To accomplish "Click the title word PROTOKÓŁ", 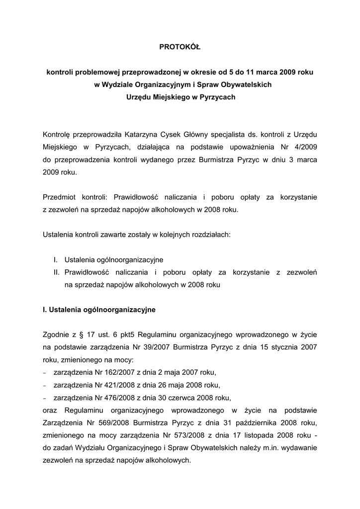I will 180,47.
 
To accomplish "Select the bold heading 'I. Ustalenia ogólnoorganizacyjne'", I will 99,310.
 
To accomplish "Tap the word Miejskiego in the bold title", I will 169,97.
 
